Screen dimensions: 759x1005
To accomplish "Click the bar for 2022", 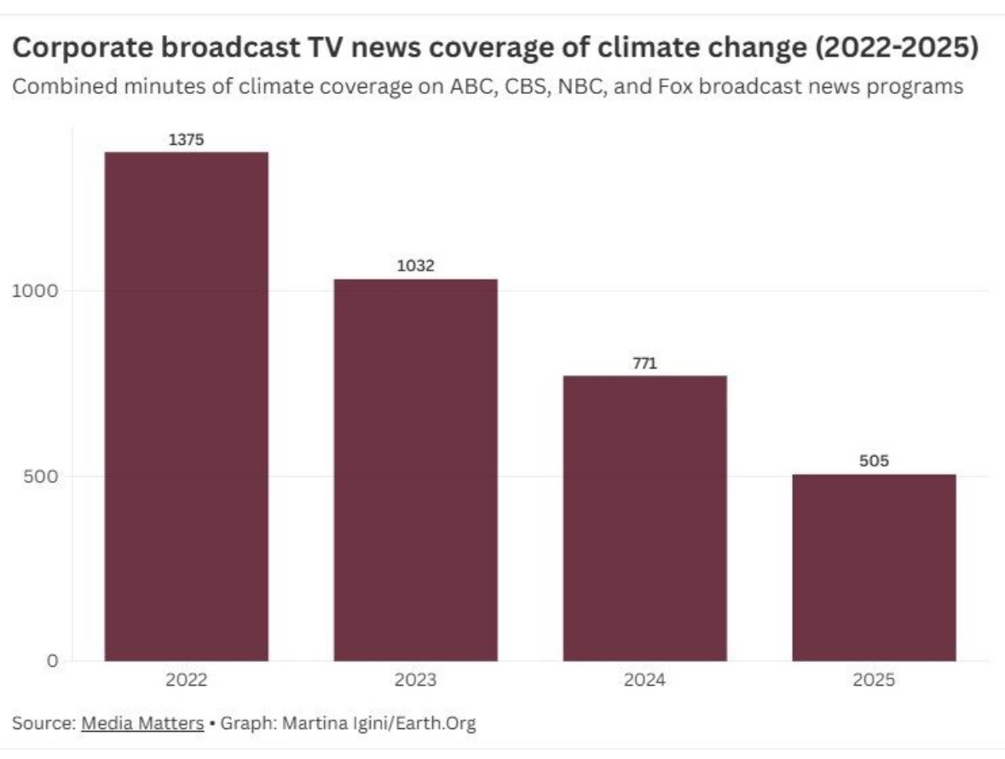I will coord(186,406).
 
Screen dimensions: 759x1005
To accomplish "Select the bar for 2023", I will coord(415,470).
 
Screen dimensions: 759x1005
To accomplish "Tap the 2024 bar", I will coord(644,518).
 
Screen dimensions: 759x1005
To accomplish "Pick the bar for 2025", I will coord(874,567).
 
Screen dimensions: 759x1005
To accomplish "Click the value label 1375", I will coord(186,140).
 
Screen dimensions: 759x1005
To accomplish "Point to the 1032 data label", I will coord(415,266).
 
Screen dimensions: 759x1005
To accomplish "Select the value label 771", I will coord(644,363).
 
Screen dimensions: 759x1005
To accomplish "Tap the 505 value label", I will coord(874,461).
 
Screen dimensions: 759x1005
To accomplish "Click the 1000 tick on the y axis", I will coord(34,290).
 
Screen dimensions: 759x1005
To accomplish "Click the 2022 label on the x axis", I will coord(186,681).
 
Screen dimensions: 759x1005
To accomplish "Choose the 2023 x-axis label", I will coord(415,681).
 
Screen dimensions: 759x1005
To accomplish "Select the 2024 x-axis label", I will coord(644,681).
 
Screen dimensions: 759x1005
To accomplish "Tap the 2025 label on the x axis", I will coord(874,681).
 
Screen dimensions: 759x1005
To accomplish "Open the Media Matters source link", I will coord(142,723).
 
